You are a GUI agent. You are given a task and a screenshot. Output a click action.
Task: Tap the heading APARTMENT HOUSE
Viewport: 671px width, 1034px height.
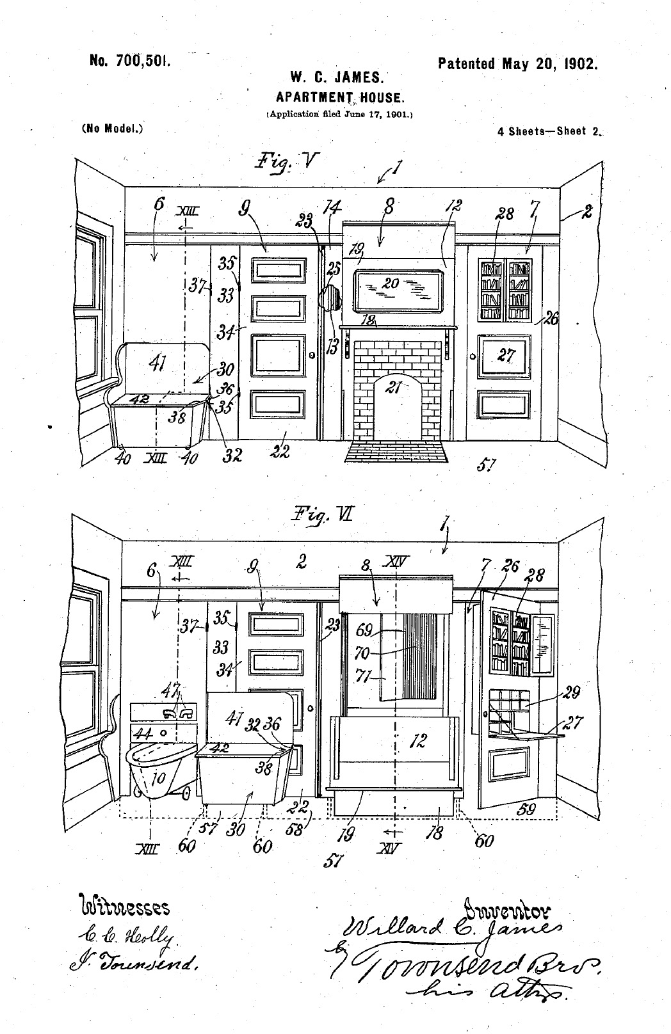(x=339, y=98)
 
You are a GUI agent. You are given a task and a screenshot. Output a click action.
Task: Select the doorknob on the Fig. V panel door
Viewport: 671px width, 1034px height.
(x=312, y=355)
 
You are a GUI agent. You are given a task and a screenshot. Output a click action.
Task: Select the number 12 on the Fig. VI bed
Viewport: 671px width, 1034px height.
(x=418, y=740)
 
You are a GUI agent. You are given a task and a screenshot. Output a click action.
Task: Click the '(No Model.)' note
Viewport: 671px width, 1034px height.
(x=113, y=128)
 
